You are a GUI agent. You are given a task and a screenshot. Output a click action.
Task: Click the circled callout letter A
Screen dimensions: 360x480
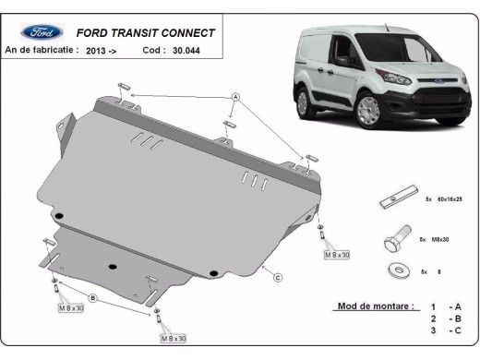235,97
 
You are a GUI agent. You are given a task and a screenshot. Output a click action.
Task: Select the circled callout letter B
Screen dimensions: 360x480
92,297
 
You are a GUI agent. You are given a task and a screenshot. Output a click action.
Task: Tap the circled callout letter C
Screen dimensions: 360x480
278,276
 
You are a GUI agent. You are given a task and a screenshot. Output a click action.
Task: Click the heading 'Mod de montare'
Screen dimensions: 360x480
375,306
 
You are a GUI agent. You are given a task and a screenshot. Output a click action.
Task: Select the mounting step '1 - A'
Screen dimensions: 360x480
443,306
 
